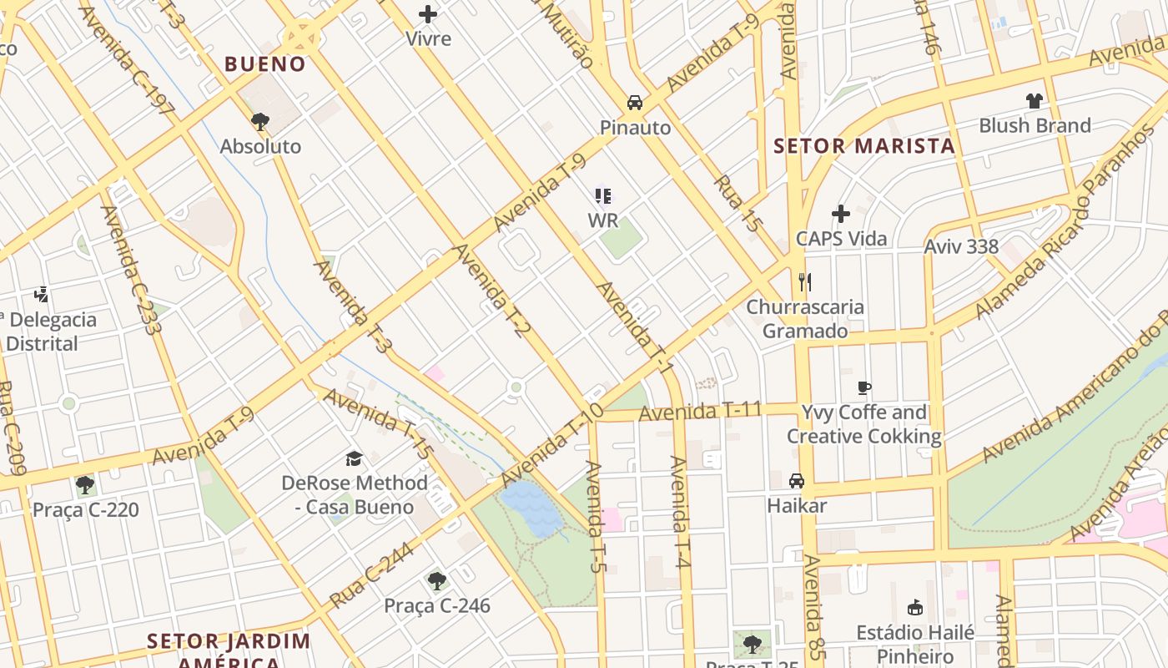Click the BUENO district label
point(265,64)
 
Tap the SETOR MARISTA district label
point(863,146)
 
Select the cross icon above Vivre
point(428,14)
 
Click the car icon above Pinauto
point(635,103)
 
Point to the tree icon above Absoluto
point(260,122)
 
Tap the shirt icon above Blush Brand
point(1035,101)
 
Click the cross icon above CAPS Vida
point(841,214)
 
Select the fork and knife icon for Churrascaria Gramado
point(804,281)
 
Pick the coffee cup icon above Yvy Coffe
point(864,387)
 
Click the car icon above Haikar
point(797,481)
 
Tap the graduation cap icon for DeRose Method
point(355,458)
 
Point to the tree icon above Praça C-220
point(84,484)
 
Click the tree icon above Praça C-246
point(436,580)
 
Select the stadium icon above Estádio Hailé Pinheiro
point(915,607)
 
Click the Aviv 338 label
point(961,246)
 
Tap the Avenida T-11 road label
point(689,411)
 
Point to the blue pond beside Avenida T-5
point(532,508)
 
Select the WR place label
point(602,220)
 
